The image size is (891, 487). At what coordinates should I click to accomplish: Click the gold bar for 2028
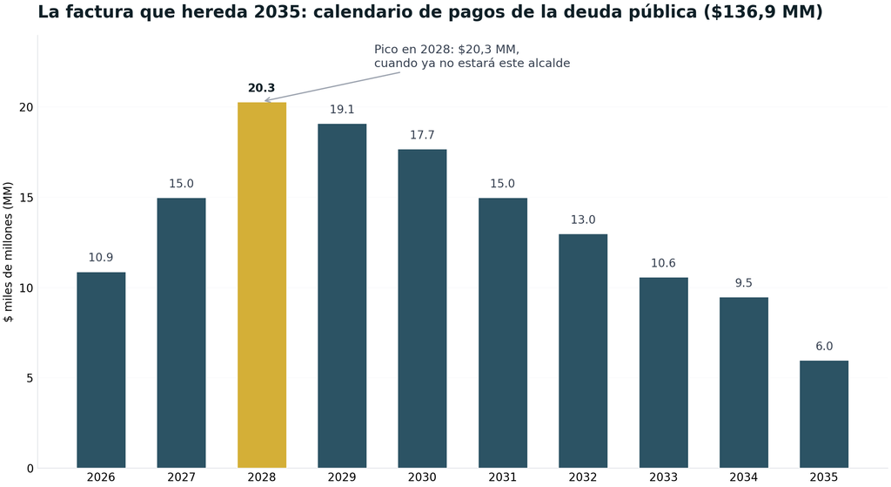[x=261, y=285]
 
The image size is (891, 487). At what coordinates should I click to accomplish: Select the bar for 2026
[x=101, y=370]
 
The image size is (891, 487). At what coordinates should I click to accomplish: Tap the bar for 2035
[x=824, y=414]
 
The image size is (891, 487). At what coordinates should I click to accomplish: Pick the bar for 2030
[x=422, y=309]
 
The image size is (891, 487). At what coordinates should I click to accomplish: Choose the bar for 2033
[x=663, y=373]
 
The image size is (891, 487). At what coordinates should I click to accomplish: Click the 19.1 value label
[x=342, y=109]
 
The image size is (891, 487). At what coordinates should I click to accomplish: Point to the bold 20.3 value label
[x=261, y=88]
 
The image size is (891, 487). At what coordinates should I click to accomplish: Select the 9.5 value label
[x=744, y=283]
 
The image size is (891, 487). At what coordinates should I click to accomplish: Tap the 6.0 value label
[x=824, y=347]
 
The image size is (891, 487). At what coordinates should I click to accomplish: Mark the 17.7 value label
[x=422, y=135]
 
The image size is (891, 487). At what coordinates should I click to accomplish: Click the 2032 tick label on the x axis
[x=583, y=477]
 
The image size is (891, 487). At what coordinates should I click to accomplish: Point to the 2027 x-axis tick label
[x=181, y=477]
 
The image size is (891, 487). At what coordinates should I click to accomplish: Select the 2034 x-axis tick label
[x=744, y=477]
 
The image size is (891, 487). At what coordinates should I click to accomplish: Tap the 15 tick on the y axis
[x=27, y=198]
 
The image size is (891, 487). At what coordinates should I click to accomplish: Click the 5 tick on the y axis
[x=30, y=378]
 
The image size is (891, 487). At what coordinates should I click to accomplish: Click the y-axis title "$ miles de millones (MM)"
[x=8, y=252]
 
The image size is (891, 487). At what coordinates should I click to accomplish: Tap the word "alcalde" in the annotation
[x=549, y=63]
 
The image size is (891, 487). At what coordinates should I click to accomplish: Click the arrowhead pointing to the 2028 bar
[x=268, y=100]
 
